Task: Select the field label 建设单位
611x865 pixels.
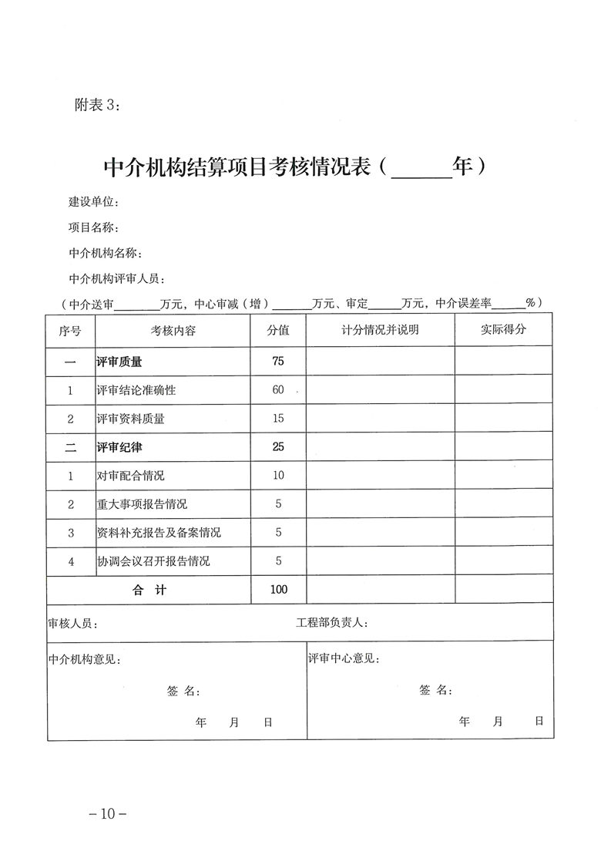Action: [93, 202]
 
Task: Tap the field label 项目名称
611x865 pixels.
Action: [93, 227]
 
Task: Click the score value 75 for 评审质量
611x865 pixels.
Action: [278, 361]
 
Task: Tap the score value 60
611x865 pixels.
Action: [278, 390]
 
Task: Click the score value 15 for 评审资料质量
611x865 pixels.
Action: [278, 419]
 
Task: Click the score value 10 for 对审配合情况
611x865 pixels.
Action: [278, 476]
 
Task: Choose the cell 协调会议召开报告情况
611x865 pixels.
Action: [153, 561]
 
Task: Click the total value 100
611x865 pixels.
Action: [279, 590]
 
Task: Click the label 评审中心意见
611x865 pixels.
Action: [343, 659]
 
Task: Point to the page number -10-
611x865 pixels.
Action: [107, 813]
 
